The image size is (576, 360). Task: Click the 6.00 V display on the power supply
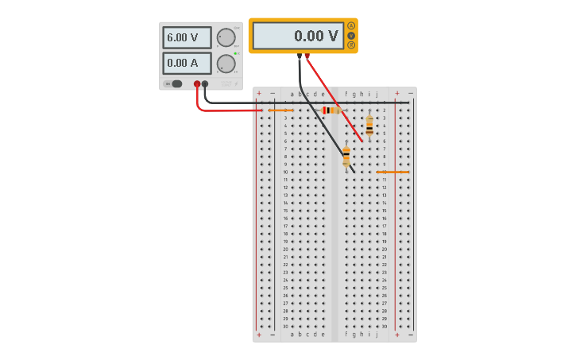tap(187, 37)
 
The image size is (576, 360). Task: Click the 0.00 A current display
tap(187, 63)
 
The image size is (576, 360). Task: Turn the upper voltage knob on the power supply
tap(226, 37)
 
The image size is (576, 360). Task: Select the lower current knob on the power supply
tap(226, 64)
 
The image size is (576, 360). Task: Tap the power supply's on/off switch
tap(174, 83)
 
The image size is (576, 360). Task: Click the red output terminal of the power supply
tap(197, 83)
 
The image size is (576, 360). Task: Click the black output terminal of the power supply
tap(205, 83)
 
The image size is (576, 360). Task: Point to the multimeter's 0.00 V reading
tap(299, 36)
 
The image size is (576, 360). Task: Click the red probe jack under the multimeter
tap(307, 56)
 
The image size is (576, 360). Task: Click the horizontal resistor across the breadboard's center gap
tap(331, 110)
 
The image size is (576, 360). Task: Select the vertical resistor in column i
tap(369, 125)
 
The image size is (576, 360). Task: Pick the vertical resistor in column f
tap(346, 156)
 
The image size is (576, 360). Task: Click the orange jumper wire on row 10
tap(392, 172)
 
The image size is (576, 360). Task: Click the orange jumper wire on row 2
tap(280, 110)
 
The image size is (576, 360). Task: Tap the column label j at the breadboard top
tap(377, 94)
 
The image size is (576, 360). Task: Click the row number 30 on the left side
tap(285, 327)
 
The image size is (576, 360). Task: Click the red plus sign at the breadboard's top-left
tap(259, 94)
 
